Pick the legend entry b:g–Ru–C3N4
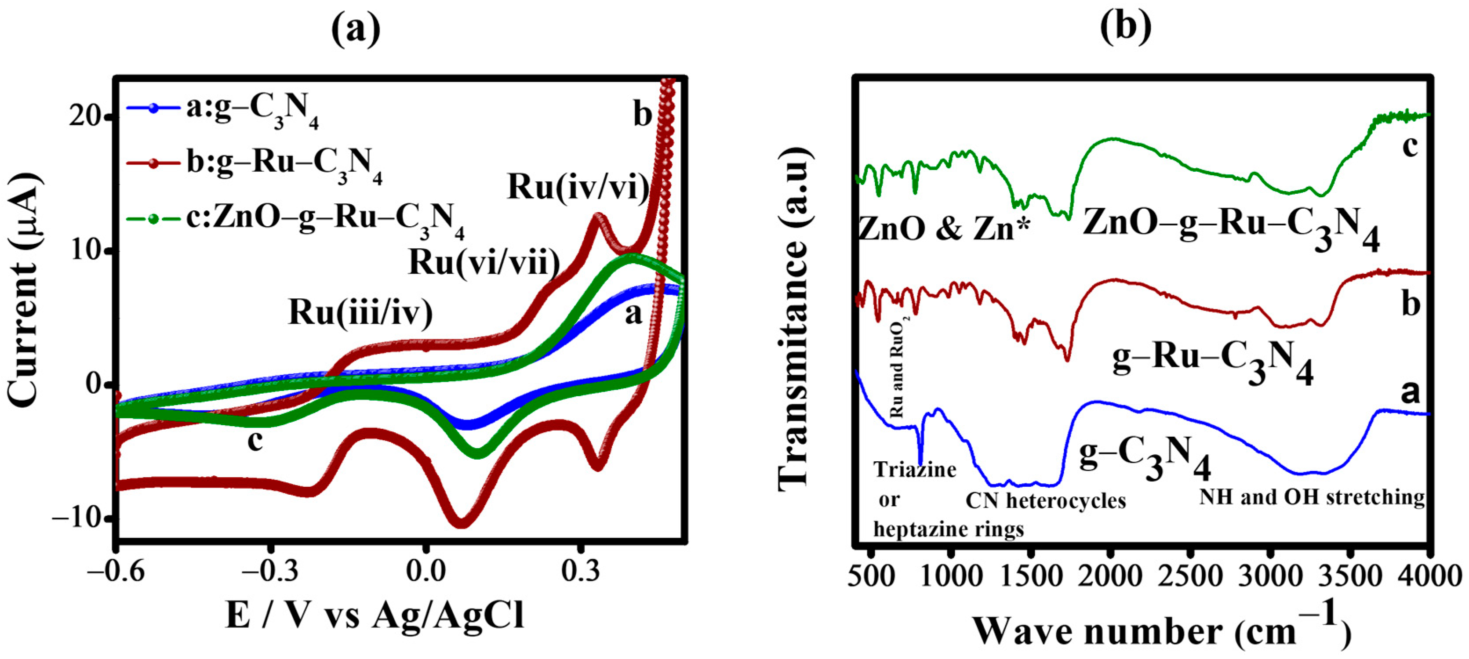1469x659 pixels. coord(284,164)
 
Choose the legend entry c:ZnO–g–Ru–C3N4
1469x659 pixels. coord(324,220)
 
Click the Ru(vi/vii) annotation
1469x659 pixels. coord(484,262)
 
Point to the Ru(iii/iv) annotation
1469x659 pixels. coord(360,312)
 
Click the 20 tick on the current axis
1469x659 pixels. coord(86,116)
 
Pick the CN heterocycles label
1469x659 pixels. coord(1045,500)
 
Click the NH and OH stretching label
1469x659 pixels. coord(1312,497)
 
